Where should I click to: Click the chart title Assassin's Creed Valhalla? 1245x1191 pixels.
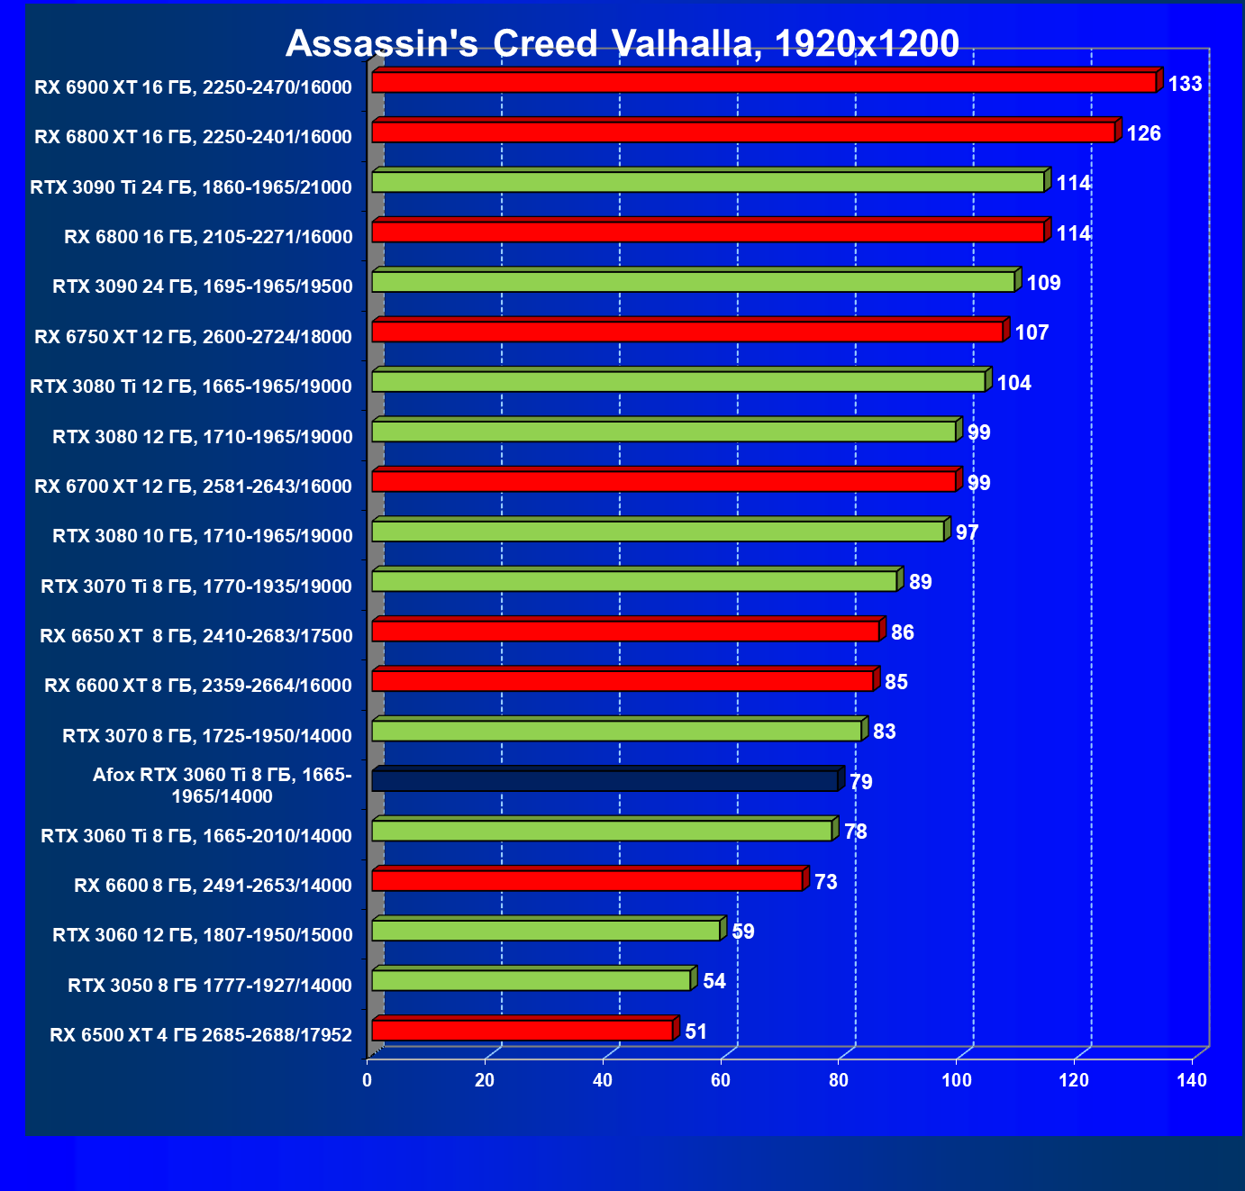coord(622,43)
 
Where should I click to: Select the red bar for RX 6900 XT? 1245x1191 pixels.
coord(764,83)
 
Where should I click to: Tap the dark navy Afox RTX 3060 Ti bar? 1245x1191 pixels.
coord(604,781)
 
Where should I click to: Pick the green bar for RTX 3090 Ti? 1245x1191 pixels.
coord(708,182)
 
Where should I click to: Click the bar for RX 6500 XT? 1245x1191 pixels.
coord(523,1030)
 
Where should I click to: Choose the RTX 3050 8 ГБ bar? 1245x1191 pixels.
coord(532,980)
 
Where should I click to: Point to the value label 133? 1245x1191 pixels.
coord(1185,84)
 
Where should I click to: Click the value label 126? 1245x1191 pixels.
coord(1143,133)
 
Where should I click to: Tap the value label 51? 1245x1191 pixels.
coord(695,1032)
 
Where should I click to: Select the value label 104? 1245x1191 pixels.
coord(1013,383)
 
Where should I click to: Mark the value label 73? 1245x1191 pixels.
coord(825,882)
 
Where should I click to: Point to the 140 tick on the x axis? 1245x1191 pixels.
coord(1192,1080)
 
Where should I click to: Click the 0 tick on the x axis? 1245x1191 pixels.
coord(368,1080)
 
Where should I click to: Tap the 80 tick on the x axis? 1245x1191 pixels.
coord(839,1080)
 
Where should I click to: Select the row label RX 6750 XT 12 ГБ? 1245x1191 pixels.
coord(193,337)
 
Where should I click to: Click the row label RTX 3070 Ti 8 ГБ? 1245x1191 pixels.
coord(196,586)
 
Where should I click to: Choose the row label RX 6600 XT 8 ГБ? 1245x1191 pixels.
coord(198,686)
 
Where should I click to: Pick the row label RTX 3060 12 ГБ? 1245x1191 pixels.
coord(203,935)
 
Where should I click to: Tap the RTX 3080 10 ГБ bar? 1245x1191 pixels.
coord(658,532)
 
